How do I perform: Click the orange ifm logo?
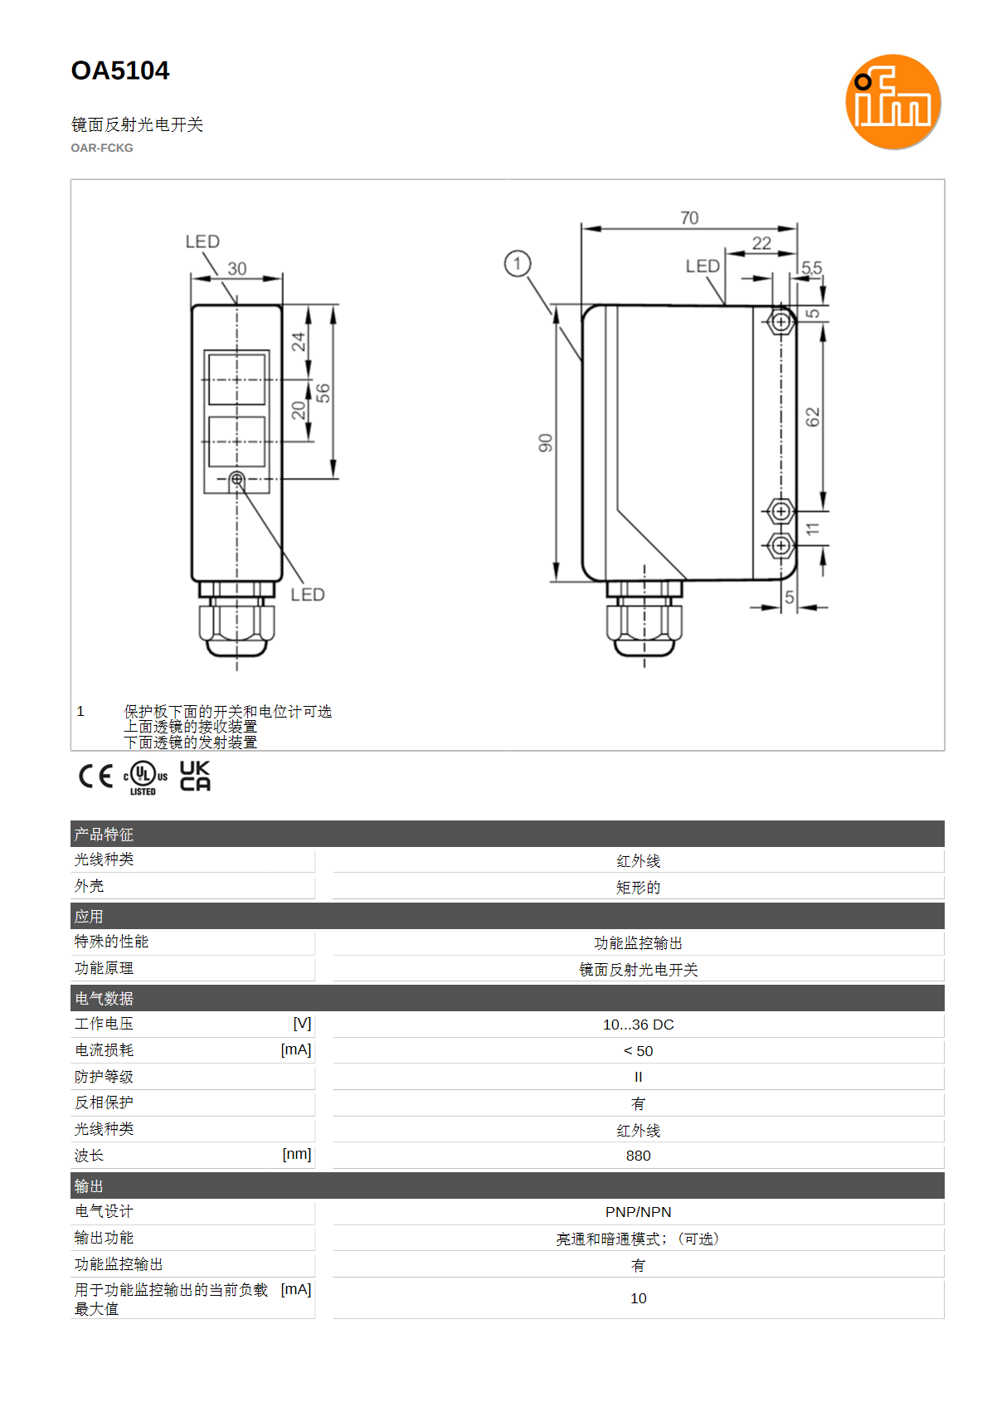(x=893, y=101)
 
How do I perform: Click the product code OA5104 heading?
(x=120, y=71)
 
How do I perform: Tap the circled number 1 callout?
(x=517, y=264)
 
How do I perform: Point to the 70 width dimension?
(x=689, y=218)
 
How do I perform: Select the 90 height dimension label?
(x=545, y=442)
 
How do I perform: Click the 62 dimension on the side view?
(x=812, y=416)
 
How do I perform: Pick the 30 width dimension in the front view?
(x=236, y=269)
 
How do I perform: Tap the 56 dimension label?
(x=323, y=393)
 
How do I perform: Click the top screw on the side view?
(x=780, y=322)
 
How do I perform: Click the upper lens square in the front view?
(x=236, y=379)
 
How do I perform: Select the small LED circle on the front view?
(x=236, y=480)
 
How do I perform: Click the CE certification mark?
(x=95, y=776)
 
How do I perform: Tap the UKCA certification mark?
(x=195, y=776)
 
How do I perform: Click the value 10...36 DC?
(x=638, y=1025)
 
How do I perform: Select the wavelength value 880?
(x=638, y=1156)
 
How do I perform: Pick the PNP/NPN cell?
(x=638, y=1212)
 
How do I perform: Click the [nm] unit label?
(x=297, y=1154)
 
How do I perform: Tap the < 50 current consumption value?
(x=638, y=1051)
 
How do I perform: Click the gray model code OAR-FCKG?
(x=102, y=148)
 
